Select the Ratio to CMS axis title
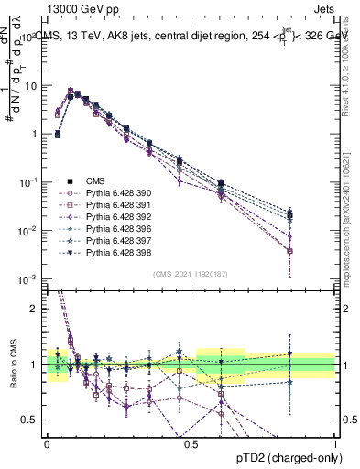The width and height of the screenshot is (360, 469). click(x=12, y=365)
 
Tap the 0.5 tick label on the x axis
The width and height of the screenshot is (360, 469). click(x=191, y=442)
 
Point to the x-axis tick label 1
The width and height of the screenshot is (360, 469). click(x=334, y=442)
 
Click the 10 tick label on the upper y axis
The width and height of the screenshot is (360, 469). click(x=29, y=85)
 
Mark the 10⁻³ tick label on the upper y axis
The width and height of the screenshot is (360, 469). click(x=27, y=278)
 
